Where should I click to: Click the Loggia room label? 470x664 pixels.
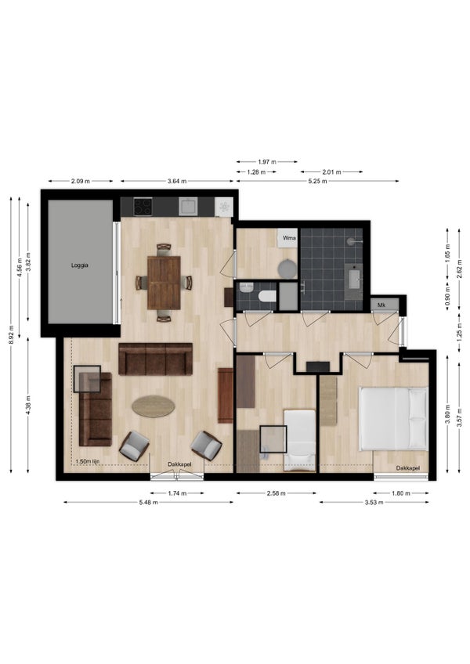(80, 265)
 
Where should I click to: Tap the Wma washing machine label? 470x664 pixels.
(289, 238)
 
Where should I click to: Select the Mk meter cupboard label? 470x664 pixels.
(381, 305)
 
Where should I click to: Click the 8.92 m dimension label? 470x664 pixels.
(12, 334)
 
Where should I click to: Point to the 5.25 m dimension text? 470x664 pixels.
(317, 181)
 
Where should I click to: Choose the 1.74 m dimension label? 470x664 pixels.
(177, 493)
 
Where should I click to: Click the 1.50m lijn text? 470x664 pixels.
(87, 461)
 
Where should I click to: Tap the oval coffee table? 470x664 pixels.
(153, 406)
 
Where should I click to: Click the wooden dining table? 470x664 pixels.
(164, 283)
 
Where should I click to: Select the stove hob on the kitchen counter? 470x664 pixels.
(143, 207)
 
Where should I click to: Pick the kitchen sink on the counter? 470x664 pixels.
(187, 207)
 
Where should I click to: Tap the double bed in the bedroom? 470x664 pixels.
(393, 418)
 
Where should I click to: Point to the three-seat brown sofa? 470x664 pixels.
(156, 359)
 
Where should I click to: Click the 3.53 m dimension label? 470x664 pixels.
(374, 503)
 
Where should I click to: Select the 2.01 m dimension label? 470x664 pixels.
(332, 172)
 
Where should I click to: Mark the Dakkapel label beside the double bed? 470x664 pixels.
(407, 468)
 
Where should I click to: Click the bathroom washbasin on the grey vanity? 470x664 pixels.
(353, 279)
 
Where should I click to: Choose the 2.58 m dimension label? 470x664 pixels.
(276, 493)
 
